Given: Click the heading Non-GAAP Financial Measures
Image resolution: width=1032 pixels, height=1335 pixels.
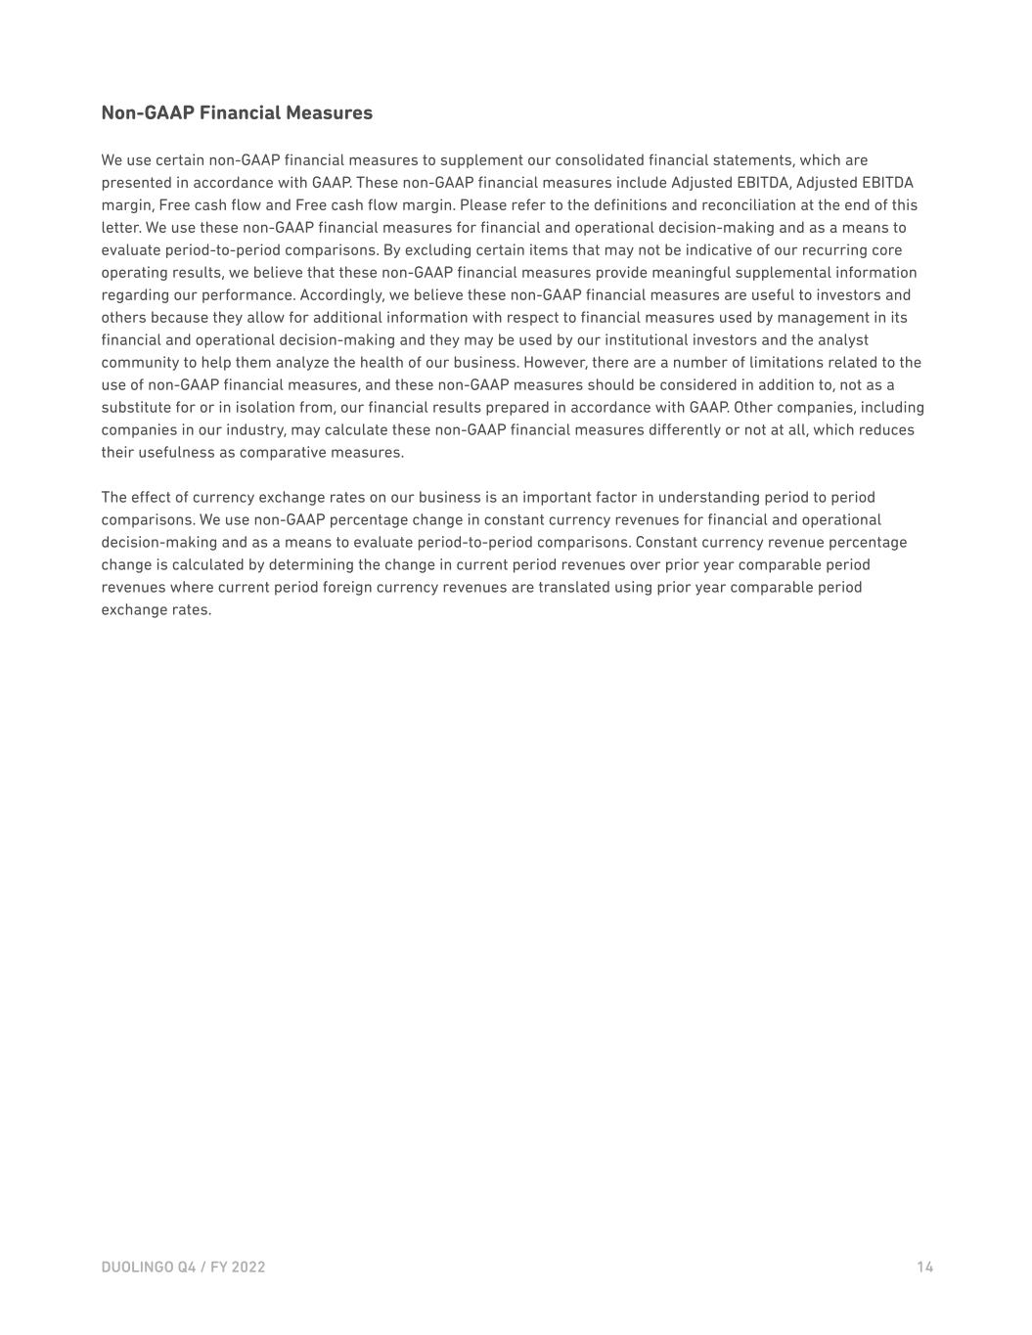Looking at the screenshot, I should [x=237, y=112].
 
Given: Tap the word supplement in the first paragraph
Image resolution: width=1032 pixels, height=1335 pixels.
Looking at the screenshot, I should [x=480, y=160].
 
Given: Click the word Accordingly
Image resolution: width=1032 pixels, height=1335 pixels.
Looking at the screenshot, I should [x=341, y=295].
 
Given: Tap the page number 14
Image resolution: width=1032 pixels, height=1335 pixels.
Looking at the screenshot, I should [x=924, y=1268].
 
